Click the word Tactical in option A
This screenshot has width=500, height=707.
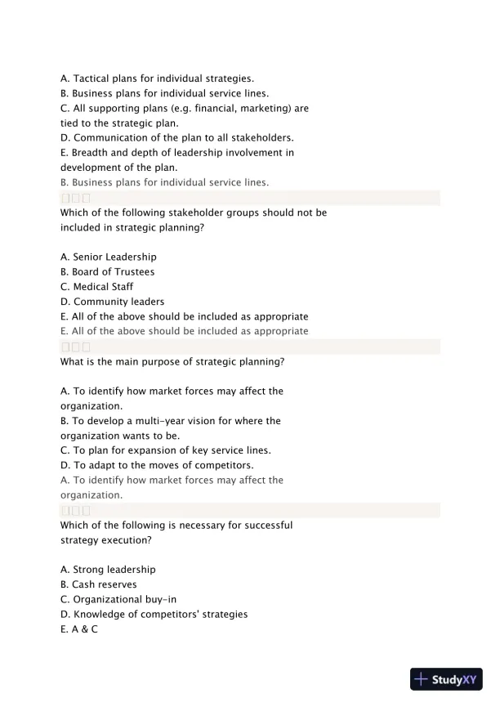92,78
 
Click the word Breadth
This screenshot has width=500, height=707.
92,152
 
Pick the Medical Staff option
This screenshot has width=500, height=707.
103,287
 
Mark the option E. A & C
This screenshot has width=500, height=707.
79,629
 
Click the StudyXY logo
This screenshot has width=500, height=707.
444,678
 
